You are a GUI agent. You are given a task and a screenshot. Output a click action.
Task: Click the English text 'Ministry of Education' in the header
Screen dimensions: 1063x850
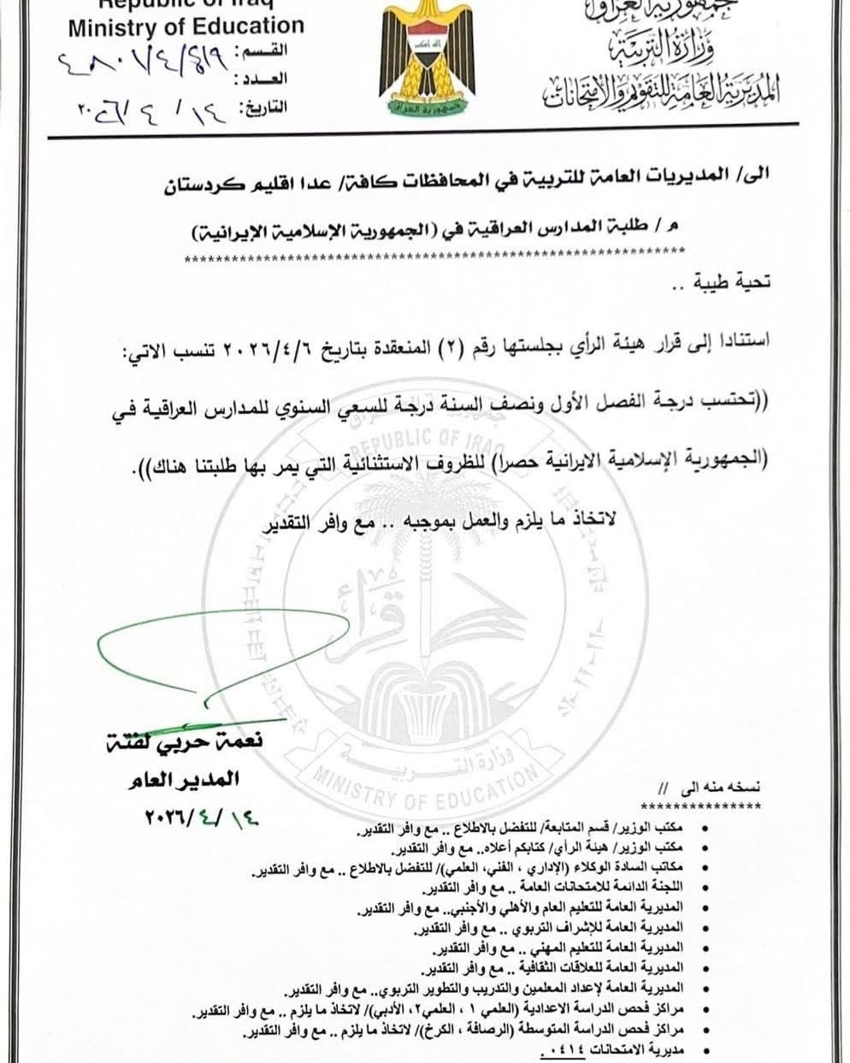[x=186, y=27]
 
